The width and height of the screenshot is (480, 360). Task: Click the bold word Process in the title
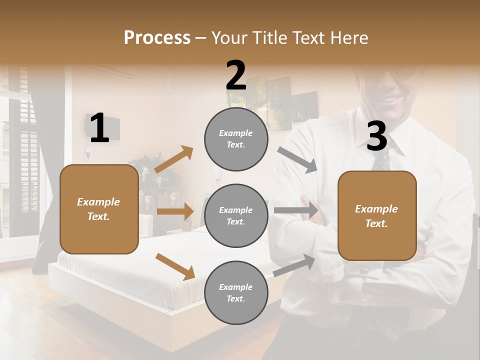pos(157,38)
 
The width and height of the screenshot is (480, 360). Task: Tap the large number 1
pos(99,128)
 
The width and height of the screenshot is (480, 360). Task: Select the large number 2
pos(236,76)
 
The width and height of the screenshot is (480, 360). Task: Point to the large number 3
pos(377,136)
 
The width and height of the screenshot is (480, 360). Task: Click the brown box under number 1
pos(99,209)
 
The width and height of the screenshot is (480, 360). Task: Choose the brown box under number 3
pos(377,216)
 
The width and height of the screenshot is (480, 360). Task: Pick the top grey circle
pos(236,139)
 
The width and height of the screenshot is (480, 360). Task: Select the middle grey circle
pos(236,215)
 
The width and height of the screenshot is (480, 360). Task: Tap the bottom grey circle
pos(236,292)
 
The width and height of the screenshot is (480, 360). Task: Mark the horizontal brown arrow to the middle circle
pos(175,211)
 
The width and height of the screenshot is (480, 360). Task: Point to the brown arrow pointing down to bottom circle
pos(175,266)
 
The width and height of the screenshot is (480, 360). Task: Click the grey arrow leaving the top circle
pos(298,160)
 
